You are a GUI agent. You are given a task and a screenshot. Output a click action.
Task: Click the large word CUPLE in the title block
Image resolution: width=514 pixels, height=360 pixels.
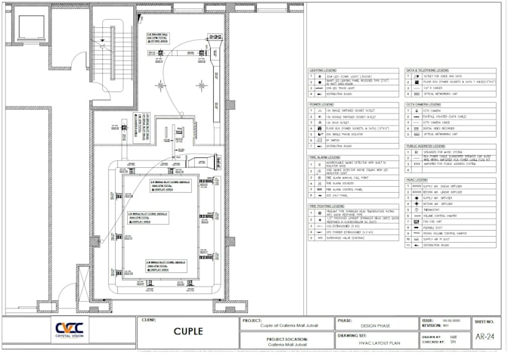(187, 331)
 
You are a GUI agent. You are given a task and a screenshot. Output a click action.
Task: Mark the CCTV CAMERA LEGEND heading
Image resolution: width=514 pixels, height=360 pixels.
(426, 104)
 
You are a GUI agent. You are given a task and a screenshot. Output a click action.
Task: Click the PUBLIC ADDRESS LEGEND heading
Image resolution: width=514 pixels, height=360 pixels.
(428, 145)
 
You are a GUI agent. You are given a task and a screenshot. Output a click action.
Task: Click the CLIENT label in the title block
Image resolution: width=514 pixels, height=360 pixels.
(149, 319)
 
